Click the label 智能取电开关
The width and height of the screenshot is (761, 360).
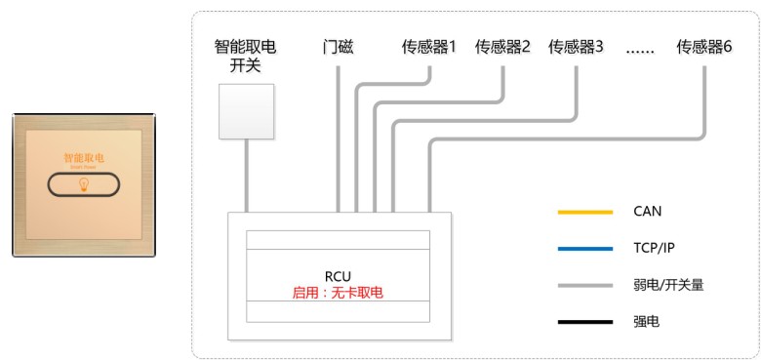click(245, 55)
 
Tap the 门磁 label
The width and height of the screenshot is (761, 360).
click(337, 46)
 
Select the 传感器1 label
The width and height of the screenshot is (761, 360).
click(429, 46)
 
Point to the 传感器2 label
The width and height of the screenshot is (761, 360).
click(502, 46)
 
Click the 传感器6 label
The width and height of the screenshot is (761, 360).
click(704, 46)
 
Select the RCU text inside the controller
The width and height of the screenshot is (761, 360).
click(337, 276)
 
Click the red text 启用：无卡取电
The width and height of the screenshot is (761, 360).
click(337, 291)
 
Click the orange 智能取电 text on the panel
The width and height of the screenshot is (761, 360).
click(82, 156)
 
